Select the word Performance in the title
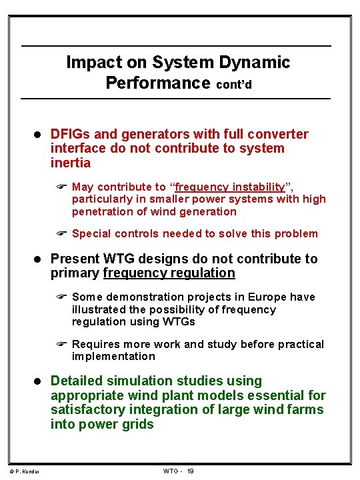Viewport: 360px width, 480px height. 158,83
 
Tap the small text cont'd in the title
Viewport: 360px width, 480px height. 233,85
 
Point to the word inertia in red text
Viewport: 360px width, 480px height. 71,163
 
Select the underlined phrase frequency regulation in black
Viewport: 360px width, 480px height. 169,273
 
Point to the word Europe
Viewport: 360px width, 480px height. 256,297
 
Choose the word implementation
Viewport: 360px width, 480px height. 113,357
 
